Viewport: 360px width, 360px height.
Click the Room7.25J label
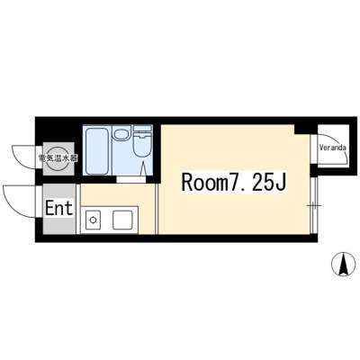pos(233,183)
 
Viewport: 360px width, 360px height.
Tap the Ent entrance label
pos(59,208)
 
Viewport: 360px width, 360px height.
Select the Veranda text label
pos(333,148)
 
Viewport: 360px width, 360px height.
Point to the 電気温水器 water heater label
pos(58,158)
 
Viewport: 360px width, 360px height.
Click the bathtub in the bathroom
pos(96,150)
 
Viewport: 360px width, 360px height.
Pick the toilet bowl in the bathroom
pos(142,145)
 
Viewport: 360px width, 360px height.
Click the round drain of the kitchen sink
pos(93,220)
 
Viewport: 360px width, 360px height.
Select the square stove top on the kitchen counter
pos(122,220)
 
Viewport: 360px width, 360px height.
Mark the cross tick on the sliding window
pos(314,205)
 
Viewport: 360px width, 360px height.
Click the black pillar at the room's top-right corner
pos(301,130)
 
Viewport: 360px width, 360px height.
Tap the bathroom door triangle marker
pos(143,168)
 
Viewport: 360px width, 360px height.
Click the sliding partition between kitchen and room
pos(157,209)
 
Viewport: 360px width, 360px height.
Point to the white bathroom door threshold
pos(131,180)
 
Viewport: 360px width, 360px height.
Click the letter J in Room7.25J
pos(279,182)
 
